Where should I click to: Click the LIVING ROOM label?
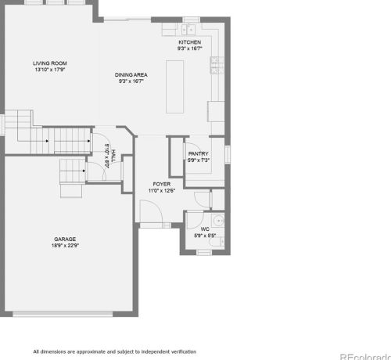point(50,63)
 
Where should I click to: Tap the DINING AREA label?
point(131,75)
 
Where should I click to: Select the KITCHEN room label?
point(189,42)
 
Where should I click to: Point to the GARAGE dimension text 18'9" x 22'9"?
point(65,246)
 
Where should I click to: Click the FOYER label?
point(162,184)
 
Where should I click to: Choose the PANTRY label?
point(199,153)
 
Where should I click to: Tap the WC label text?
point(205,229)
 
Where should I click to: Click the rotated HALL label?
point(113,157)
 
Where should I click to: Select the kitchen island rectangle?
point(174,87)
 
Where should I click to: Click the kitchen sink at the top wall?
point(188,30)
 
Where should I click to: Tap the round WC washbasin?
point(217,221)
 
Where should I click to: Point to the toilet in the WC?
point(217,242)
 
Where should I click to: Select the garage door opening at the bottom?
point(63,314)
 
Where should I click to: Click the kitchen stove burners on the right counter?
point(217,65)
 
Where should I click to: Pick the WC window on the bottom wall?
point(204,253)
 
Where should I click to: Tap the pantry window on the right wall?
point(228,155)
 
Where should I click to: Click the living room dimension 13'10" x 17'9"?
point(50,70)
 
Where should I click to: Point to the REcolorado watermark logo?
point(365,356)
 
